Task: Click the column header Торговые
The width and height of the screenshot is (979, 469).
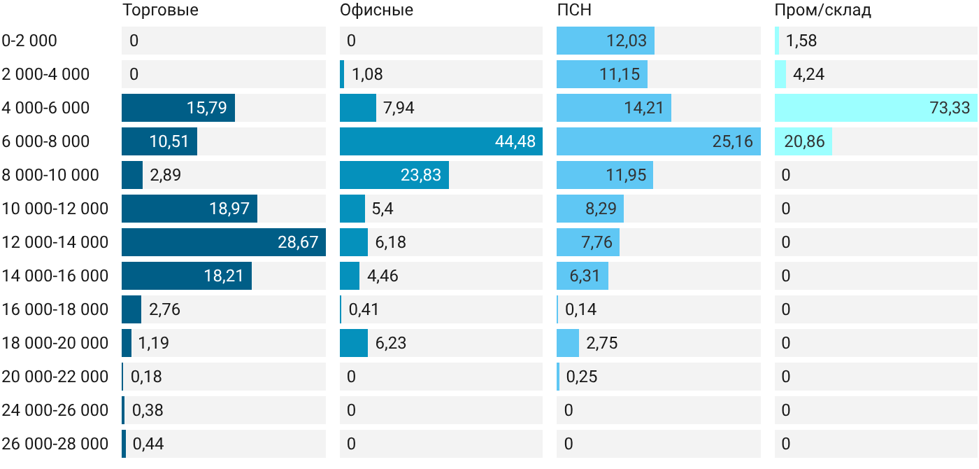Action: [x=160, y=10]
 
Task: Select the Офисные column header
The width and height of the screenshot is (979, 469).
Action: [x=376, y=10]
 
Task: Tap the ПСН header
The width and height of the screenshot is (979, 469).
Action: [x=574, y=10]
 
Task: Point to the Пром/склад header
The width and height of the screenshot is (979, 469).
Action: [x=822, y=10]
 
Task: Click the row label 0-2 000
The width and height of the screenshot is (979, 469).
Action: [x=29, y=41]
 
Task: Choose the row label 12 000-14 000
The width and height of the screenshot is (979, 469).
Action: [x=55, y=242]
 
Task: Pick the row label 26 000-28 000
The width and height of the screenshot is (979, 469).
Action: [x=55, y=444]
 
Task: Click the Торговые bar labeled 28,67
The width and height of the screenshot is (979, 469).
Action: [x=224, y=242]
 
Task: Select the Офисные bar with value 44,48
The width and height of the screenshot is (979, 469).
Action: [x=441, y=141]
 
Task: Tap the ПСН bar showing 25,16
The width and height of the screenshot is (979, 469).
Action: [x=659, y=141]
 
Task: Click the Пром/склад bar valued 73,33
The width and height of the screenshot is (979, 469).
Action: [x=876, y=108]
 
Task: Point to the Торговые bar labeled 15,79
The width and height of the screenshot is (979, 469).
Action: [x=178, y=108]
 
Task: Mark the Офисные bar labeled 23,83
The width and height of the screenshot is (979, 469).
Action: [x=394, y=175]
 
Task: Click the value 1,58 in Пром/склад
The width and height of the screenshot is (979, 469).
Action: [x=801, y=41]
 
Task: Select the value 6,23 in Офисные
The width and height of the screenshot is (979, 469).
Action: [x=391, y=343]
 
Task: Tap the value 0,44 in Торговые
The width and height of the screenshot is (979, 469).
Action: [x=148, y=444]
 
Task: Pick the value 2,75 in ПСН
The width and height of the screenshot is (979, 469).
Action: [x=602, y=343]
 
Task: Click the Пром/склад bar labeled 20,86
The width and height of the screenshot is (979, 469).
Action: [x=803, y=141]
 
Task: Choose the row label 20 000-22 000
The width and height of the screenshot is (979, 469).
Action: [x=55, y=377]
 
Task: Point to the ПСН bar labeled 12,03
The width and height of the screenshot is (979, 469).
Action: [x=606, y=41]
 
